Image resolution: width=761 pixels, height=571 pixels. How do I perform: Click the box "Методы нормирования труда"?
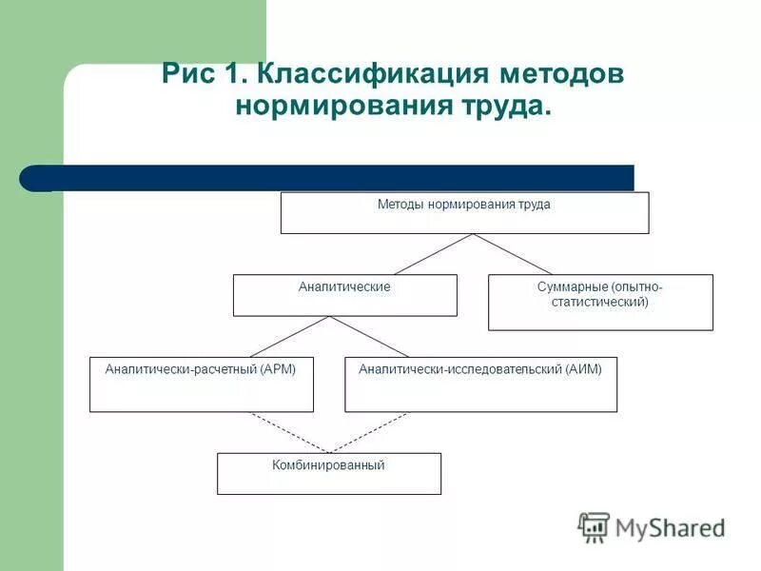[464, 212]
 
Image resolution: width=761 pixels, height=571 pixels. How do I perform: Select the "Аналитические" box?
[344, 295]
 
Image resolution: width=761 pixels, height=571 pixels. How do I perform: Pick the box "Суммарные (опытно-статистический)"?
[600, 302]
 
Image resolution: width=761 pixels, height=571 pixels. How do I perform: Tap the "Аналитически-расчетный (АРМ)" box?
[201, 384]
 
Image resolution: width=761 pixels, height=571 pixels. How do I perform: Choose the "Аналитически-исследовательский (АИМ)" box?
[480, 384]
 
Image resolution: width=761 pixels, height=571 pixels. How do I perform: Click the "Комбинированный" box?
[329, 473]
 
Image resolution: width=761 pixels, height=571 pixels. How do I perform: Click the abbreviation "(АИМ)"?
[583, 369]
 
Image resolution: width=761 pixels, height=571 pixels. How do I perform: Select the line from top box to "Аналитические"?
[434, 254]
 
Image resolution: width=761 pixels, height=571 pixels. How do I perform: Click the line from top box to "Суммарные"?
[514, 254]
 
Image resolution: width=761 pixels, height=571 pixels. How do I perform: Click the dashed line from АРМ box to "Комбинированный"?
[289, 432]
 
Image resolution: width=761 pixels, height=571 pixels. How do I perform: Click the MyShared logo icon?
[594, 526]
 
